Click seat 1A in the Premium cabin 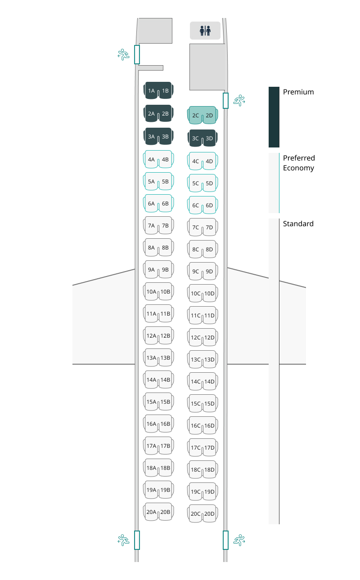point(151,91)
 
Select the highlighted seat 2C point(195,115)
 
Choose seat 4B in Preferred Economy point(166,159)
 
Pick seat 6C point(195,205)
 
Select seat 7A point(151,225)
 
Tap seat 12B point(166,335)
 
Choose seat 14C point(195,381)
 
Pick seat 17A point(151,446)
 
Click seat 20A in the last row point(151,512)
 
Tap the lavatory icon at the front point(205,31)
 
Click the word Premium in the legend point(298,92)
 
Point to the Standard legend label point(298,223)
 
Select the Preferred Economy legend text point(299,163)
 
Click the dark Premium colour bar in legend point(274,117)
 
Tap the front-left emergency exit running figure point(123,55)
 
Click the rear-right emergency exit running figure point(239,540)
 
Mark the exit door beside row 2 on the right point(225,100)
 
